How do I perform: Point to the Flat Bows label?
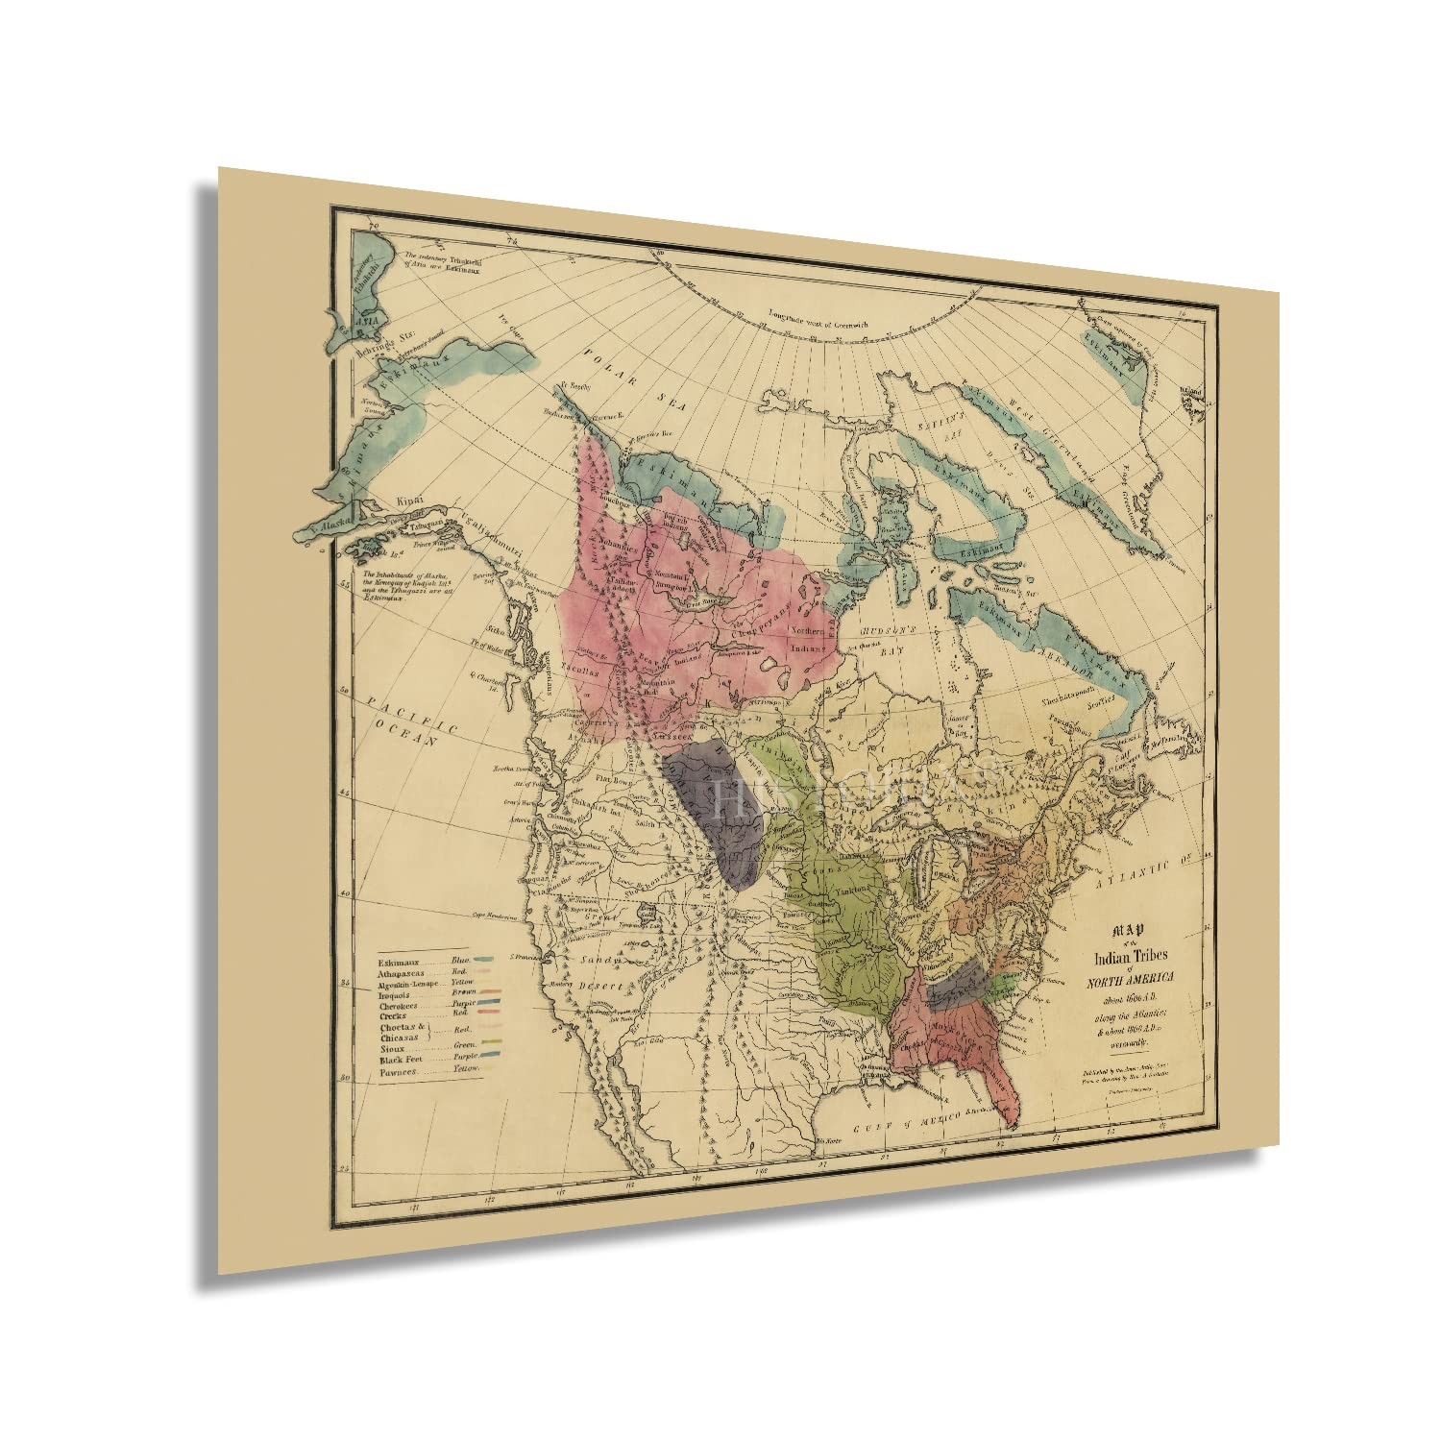[x=611, y=777]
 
